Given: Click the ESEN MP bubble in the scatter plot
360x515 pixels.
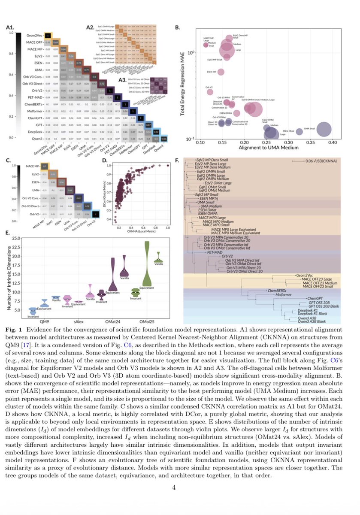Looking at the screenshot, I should point(221,72).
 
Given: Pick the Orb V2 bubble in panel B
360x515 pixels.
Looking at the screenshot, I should point(210,91).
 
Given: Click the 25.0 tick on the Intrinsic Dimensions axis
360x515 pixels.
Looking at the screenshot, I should point(16,238).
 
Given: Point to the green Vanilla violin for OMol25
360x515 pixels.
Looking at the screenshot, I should point(159,257).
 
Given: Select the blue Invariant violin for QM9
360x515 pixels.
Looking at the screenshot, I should point(31,310).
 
